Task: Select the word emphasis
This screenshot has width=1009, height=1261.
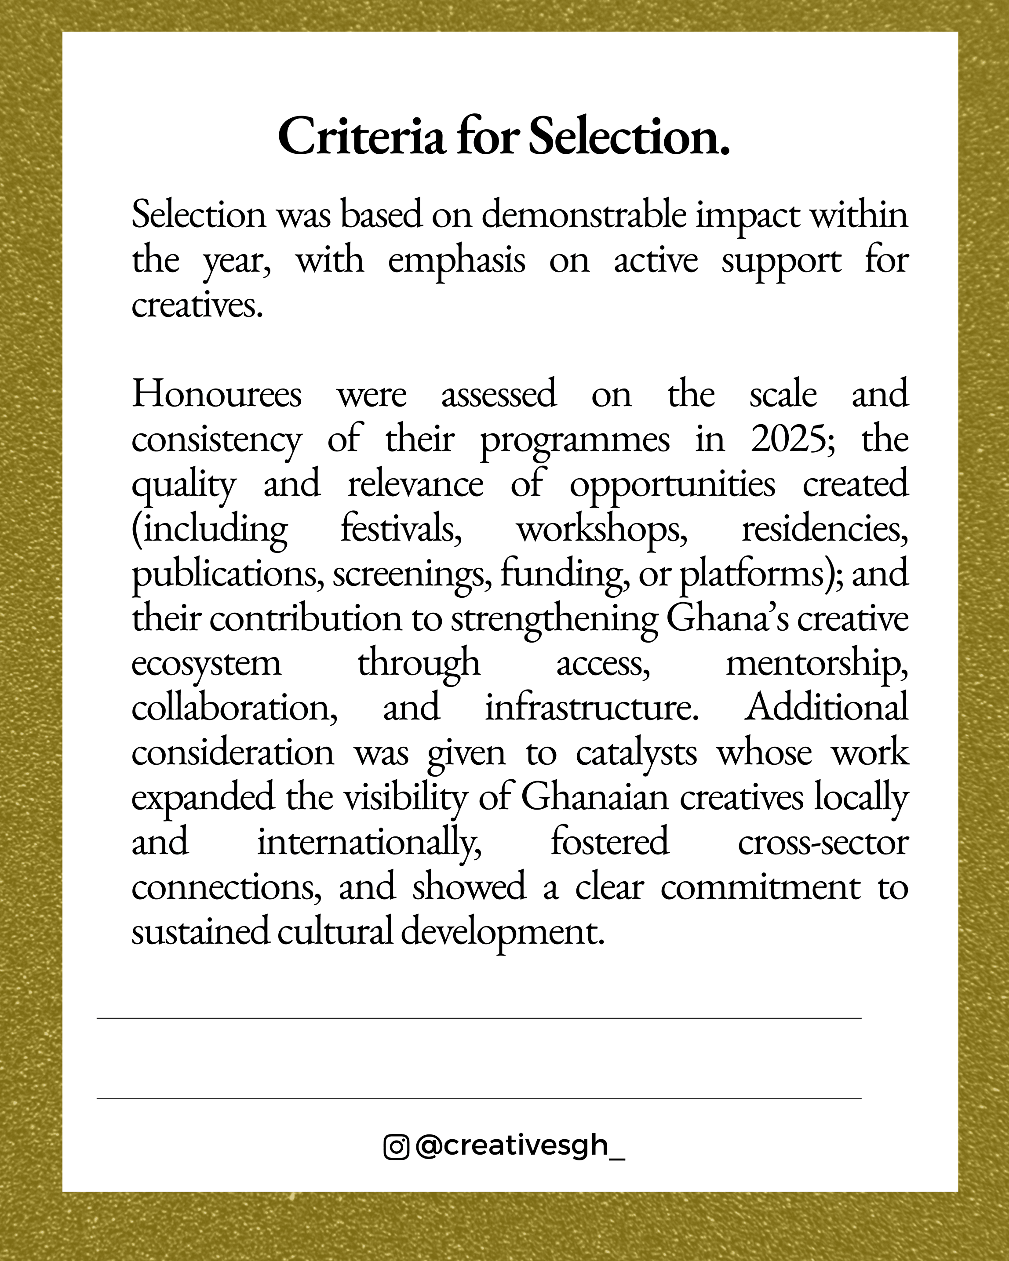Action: click(456, 261)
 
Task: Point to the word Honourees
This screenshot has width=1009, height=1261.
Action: click(216, 394)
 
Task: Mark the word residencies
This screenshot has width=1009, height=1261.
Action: click(825, 529)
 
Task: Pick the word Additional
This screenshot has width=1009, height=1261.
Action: click(826, 708)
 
